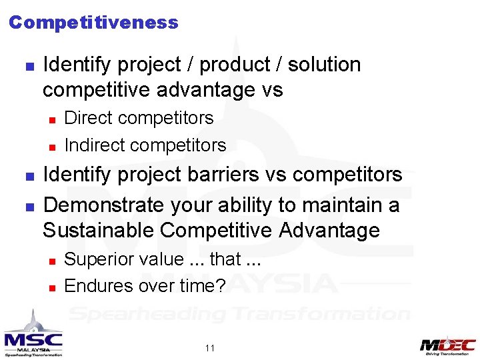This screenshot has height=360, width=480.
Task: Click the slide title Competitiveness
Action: [x=93, y=23]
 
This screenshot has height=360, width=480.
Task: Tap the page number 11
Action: [x=210, y=348]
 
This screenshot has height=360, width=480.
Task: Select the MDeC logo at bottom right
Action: [x=447, y=345]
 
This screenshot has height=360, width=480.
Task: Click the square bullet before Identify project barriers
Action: [x=29, y=176]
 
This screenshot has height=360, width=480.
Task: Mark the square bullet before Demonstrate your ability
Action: [x=29, y=206]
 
